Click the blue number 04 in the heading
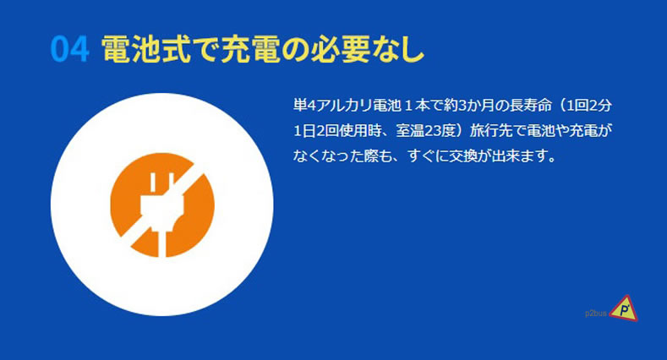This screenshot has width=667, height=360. tap(70, 49)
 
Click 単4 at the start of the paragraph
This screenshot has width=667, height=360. tap(304, 106)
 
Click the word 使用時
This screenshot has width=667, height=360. tap(361, 131)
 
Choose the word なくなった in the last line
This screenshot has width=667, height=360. tap(328, 156)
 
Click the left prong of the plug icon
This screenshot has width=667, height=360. tap(152, 184)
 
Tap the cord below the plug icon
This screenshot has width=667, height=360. tap(162, 243)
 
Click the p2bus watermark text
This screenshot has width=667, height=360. tap(596, 314)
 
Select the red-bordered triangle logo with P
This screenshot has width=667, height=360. tap(624, 309)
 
